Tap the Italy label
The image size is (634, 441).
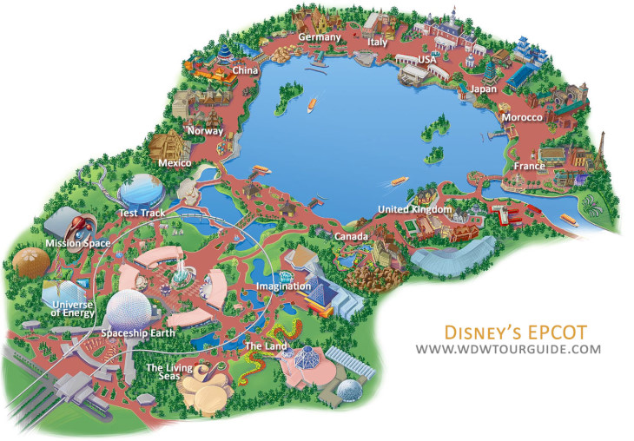tap(377, 42)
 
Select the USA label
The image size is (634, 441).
tap(427, 59)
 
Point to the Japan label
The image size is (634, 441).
tap(484, 89)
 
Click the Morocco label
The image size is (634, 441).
tap(522, 117)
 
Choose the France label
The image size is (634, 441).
tap(528, 166)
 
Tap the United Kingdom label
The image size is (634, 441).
tap(415, 210)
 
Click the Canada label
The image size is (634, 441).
tap(352, 236)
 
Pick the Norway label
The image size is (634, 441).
tap(205, 131)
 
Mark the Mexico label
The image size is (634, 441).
tap(175, 162)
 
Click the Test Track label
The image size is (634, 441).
tap(141, 213)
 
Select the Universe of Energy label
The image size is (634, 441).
tap(73, 309)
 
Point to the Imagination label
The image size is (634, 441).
tap(283, 286)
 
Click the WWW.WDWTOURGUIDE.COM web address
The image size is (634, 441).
tap(508, 349)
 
